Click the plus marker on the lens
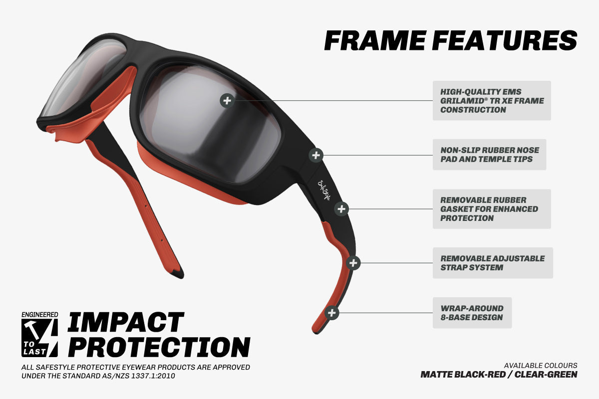227,101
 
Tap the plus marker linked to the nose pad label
316,155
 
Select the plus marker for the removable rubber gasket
341,208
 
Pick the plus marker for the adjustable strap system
353,263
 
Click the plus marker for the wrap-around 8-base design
331,313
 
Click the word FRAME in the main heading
375,40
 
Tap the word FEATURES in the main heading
505,40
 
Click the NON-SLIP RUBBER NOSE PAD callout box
489,155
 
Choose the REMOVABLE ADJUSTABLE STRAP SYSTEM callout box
493,263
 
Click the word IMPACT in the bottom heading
126,322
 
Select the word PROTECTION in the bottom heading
159,347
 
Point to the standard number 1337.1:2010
153,376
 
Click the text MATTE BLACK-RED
463,375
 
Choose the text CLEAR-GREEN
546,375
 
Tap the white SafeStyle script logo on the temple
324,191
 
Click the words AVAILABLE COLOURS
541,366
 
